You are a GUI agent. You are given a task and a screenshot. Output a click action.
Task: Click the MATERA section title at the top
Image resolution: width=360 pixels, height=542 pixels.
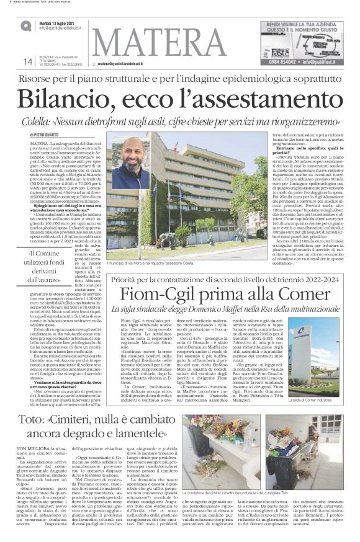(158, 42)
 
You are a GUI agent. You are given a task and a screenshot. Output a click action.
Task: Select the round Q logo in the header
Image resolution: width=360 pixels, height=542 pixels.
(27, 25)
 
